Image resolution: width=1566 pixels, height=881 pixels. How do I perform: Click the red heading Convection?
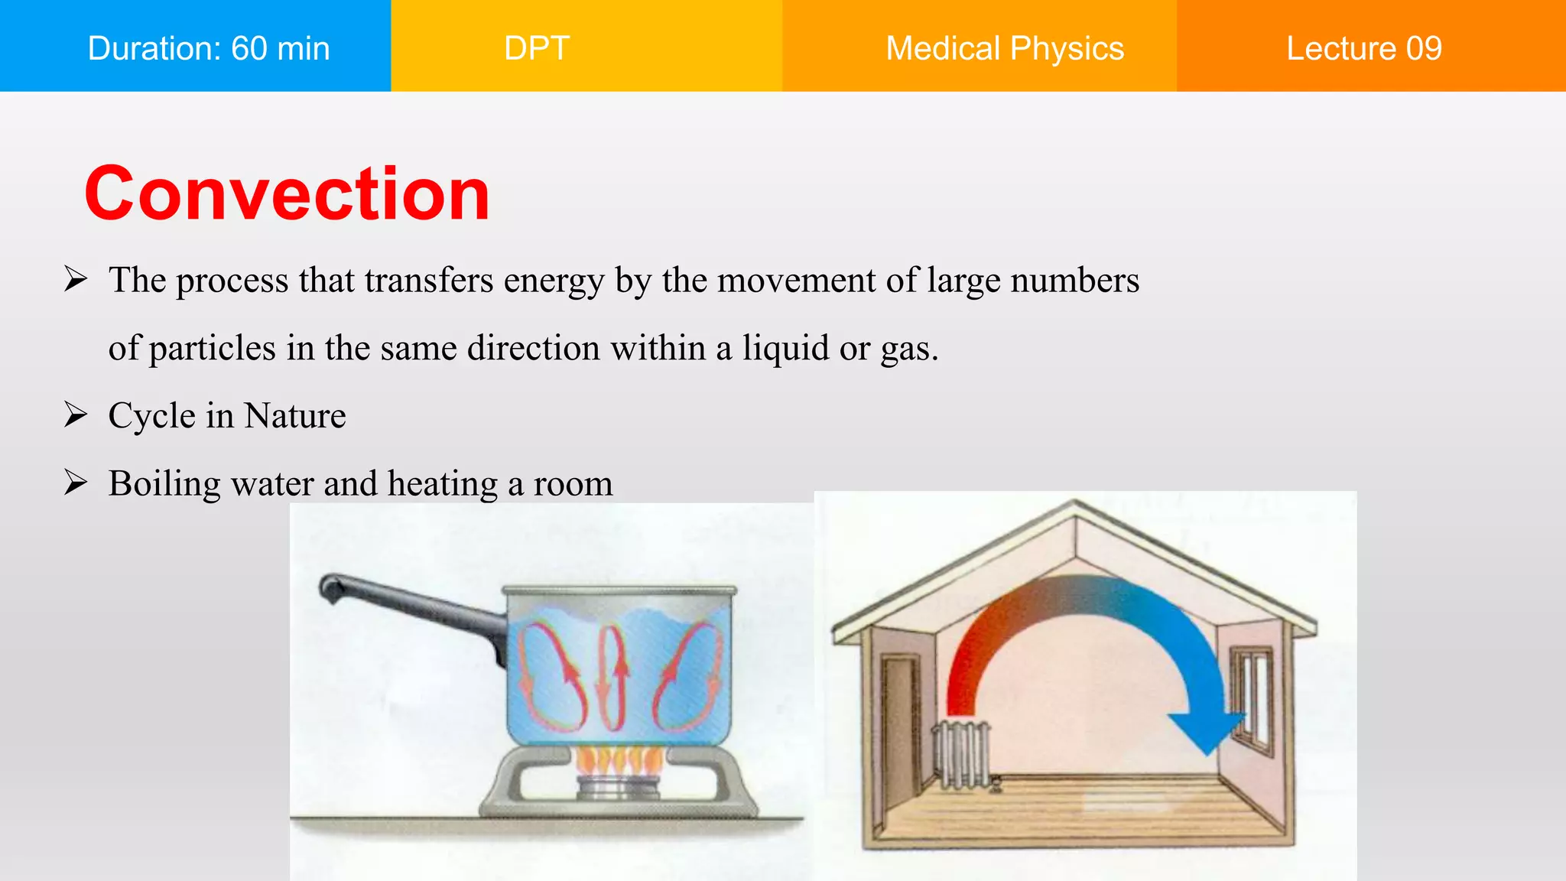pyautogui.click(x=287, y=194)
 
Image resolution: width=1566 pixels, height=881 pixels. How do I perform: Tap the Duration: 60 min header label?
pyautogui.click(x=209, y=48)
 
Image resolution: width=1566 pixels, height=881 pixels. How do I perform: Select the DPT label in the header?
pyautogui.click(x=537, y=48)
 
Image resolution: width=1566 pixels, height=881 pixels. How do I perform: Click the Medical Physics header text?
pyautogui.click(x=1005, y=48)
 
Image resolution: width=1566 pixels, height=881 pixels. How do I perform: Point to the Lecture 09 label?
pyautogui.click(x=1363, y=48)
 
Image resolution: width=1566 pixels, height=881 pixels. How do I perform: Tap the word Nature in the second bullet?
pyautogui.click(x=295, y=416)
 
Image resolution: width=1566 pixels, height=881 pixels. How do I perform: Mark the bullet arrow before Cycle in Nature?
pyautogui.click(x=76, y=414)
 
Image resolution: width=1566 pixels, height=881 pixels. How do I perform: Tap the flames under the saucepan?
pyautogui.click(x=619, y=760)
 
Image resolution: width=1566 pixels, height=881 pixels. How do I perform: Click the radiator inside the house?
pyautogui.click(x=962, y=753)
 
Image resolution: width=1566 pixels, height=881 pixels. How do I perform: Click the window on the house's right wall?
pyautogui.click(x=1251, y=692)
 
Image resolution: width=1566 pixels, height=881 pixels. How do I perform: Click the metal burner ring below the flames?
pyautogui.click(x=618, y=787)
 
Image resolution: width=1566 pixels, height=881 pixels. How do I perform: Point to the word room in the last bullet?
pyautogui.click(x=573, y=484)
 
